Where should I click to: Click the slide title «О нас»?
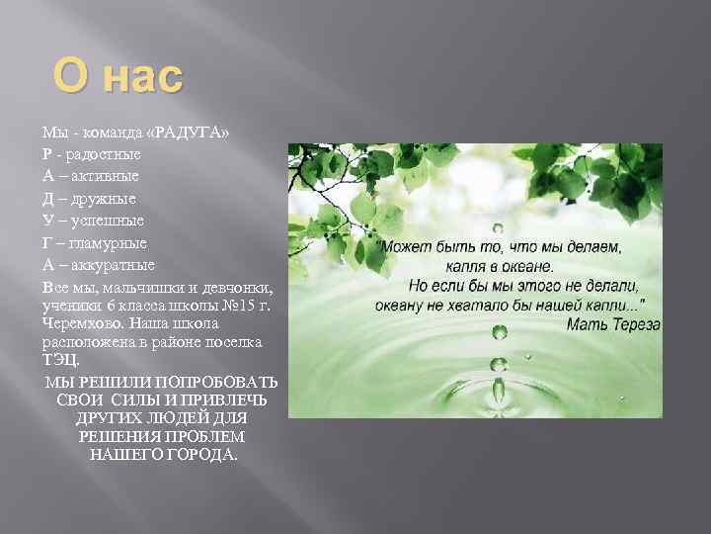point(118,76)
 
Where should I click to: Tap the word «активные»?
point(102,176)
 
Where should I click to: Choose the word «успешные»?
point(105,220)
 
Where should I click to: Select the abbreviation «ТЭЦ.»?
point(59,359)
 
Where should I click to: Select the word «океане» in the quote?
point(529,266)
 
